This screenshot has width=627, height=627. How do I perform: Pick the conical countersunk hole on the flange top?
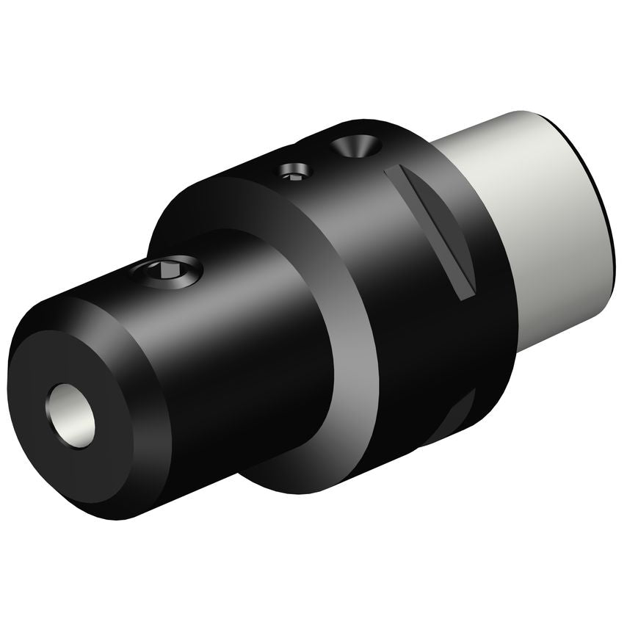pos(355,147)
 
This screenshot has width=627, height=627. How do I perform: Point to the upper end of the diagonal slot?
pos(393,170)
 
